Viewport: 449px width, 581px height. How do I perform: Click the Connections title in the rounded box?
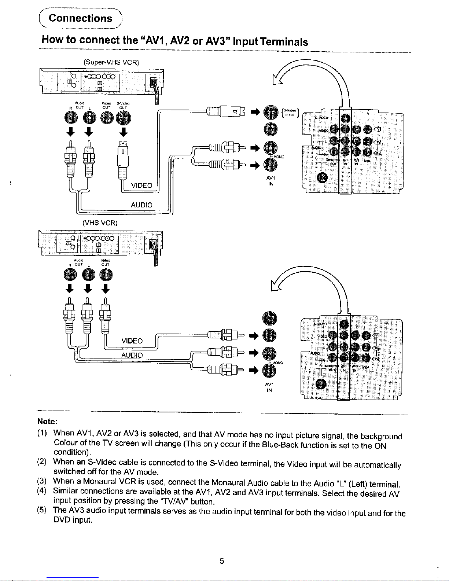pos(80,18)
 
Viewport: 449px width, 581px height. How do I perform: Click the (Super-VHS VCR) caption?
pos(111,62)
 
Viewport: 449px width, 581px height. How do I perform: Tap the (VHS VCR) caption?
pos(100,223)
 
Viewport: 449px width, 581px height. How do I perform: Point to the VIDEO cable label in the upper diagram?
pos(141,185)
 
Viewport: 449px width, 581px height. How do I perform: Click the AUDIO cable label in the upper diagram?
pos(141,205)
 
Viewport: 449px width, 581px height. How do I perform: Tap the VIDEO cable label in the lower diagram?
pos(132,341)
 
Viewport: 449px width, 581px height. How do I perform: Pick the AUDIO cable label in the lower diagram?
pos(132,355)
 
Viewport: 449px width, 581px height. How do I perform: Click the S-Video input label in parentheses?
pos(291,112)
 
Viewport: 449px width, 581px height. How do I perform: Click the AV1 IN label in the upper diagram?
pos(270,181)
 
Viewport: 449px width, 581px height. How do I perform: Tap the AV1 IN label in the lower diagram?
pos(269,387)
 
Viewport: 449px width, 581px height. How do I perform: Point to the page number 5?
pos(222,561)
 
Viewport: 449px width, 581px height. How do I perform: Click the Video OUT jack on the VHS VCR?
pos(106,274)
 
